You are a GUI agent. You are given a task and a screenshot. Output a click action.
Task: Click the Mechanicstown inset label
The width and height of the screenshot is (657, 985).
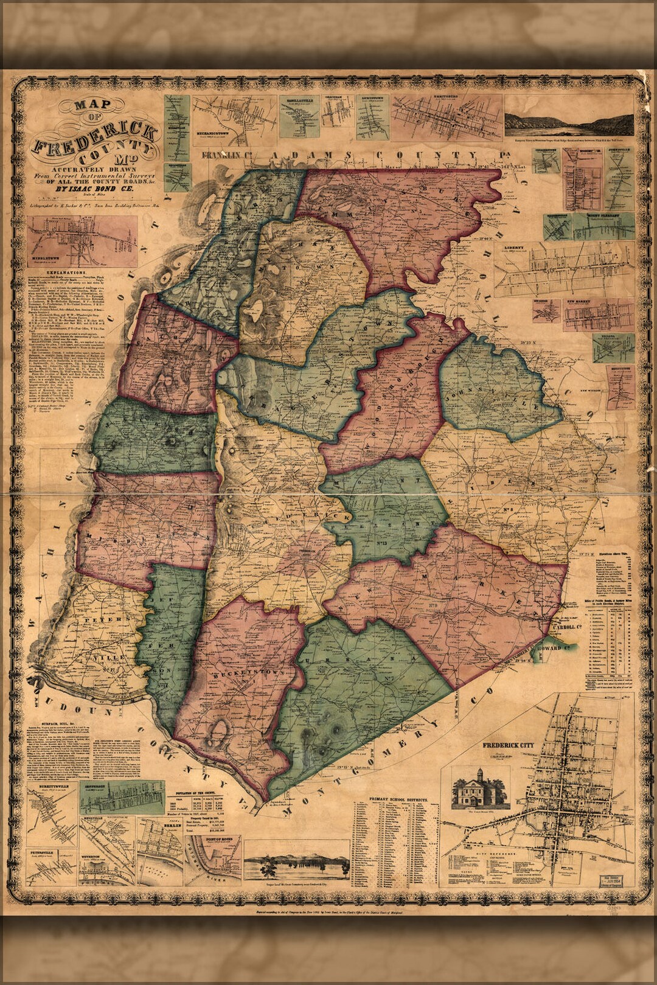(211, 131)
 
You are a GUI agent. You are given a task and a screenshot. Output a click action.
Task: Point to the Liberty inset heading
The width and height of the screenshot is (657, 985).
(514, 248)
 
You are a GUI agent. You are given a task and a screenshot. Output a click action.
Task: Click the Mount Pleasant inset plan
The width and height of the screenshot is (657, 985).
(603, 227)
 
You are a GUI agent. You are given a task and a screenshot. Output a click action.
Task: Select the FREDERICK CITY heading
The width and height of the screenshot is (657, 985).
(507, 745)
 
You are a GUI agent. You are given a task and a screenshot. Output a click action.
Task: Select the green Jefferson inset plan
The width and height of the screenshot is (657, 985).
(122, 797)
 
